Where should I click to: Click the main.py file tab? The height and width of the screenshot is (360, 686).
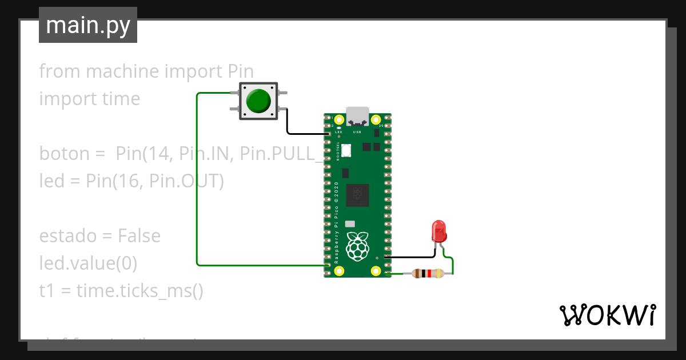click(x=87, y=26)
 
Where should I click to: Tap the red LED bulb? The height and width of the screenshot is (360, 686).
click(x=439, y=231)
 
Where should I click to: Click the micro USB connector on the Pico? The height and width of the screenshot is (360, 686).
click(x=358, y=116)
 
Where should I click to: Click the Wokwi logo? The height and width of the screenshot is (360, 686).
click(x=607, y=315)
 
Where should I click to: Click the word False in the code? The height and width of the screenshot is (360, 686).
click(x=139, y=236)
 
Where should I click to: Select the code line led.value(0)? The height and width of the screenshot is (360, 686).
click(x=88, y=263)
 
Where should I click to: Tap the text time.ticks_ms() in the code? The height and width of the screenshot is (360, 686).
click(x=139, y=291)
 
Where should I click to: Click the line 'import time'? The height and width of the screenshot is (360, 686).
click(x=89, y=99)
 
